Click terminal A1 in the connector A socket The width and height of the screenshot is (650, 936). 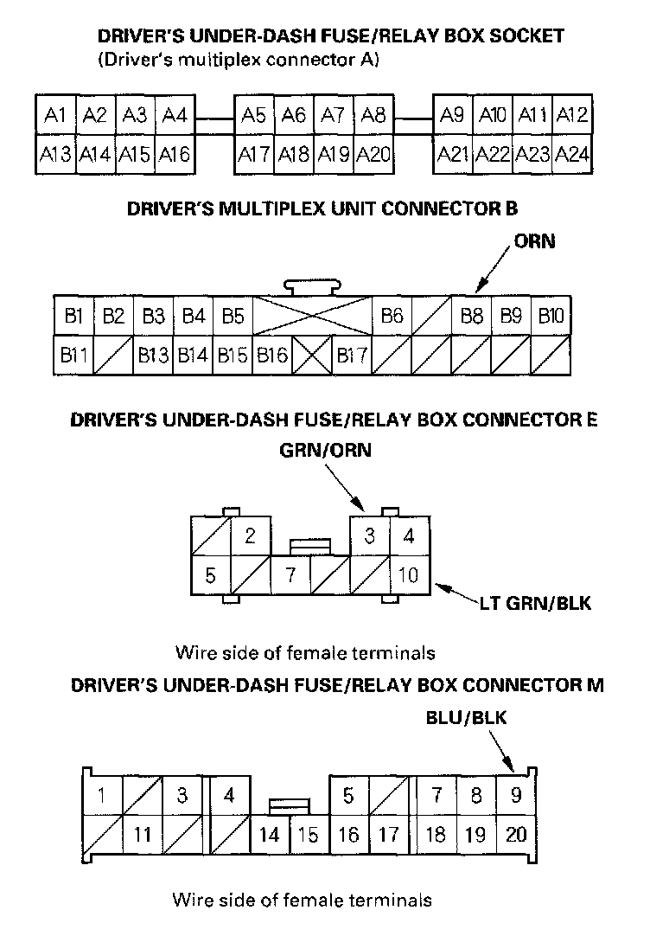pos(55,115)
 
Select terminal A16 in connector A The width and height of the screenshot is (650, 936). pos(175,155)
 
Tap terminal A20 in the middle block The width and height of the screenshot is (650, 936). pos(373,155)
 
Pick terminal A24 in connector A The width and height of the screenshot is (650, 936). pos(572,155)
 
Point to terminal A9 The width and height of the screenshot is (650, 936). pos(452,115)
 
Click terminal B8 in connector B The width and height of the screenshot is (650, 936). pos(471,316)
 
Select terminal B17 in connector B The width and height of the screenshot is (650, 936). pos(353,355)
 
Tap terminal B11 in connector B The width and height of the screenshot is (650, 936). pos(73,355)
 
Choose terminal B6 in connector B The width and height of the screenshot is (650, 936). pos(392,316)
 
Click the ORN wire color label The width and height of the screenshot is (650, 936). pos(534,242)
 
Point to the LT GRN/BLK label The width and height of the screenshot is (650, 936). pos(535,603)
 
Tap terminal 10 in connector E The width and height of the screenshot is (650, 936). pos(409,574)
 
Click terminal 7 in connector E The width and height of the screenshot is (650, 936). pos(290,574)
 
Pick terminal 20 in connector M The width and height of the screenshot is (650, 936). pos(516,834)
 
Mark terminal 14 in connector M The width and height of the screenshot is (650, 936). pos(270,835)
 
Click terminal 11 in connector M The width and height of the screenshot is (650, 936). pos(143,835)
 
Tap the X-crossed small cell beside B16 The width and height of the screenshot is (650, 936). pos(311,355)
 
